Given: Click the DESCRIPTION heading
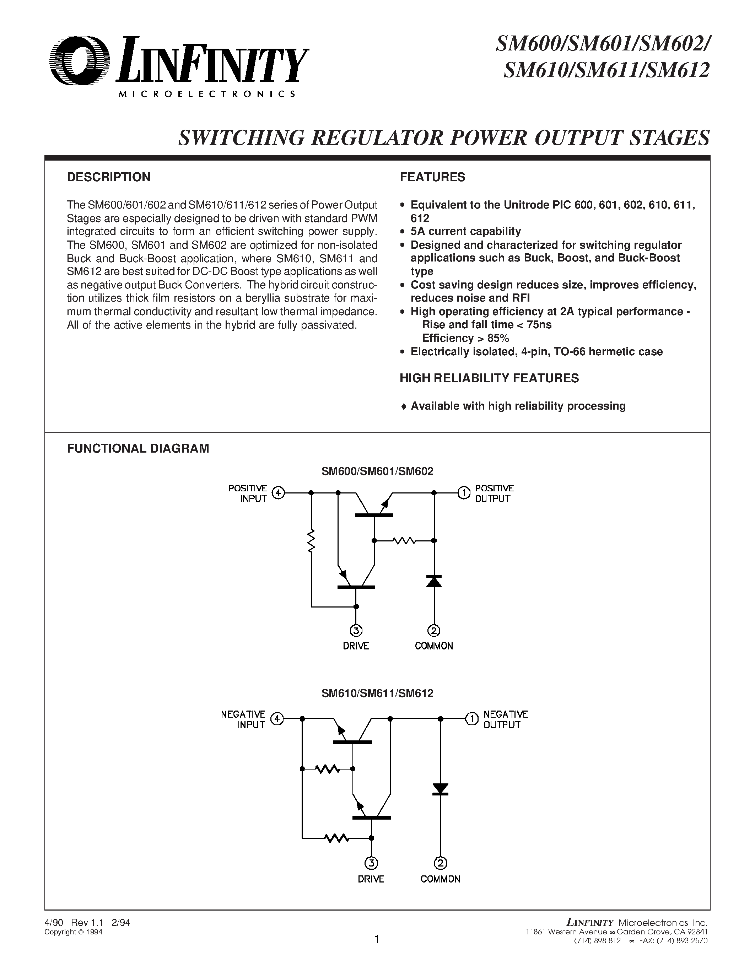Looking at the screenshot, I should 109,177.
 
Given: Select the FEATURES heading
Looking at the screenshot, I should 432,177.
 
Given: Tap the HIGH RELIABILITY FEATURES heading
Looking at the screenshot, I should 489,378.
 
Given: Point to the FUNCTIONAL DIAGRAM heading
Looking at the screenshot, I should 138,448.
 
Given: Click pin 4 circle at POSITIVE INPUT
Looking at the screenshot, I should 279,493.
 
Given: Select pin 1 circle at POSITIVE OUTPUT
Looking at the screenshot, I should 463,493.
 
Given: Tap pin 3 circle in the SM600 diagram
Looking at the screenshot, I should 356,631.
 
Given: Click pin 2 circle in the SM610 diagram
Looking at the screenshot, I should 440,863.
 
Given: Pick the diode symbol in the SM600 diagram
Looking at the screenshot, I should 434,581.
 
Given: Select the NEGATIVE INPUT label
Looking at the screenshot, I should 243,720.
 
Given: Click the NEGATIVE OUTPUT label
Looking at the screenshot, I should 506,720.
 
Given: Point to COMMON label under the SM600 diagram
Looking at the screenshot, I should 434,646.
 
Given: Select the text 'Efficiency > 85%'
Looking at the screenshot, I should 466,338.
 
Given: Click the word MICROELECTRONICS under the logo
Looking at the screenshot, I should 207,95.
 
